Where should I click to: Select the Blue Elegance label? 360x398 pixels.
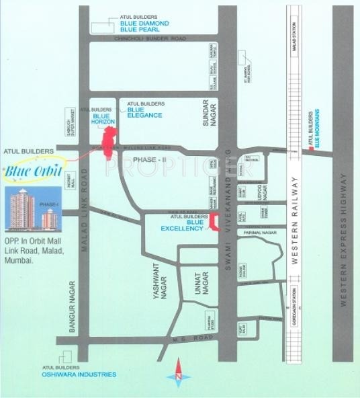click(144, 112)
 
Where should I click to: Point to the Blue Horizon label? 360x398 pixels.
click(103, 118)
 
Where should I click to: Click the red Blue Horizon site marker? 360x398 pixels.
click(107, 143)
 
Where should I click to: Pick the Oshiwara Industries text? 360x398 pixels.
click(83, 374)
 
